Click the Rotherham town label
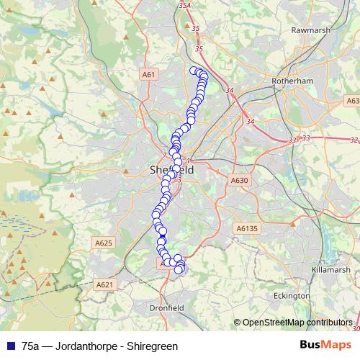pos(293,81)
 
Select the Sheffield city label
pos(171,171)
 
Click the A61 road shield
pos(148,74)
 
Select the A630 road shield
pos(239,180)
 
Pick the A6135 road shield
pos(246,228)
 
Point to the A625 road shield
pos(104,243)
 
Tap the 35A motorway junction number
pos(185,6)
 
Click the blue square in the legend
pos(9,346)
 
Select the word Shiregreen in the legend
pos(153,346)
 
